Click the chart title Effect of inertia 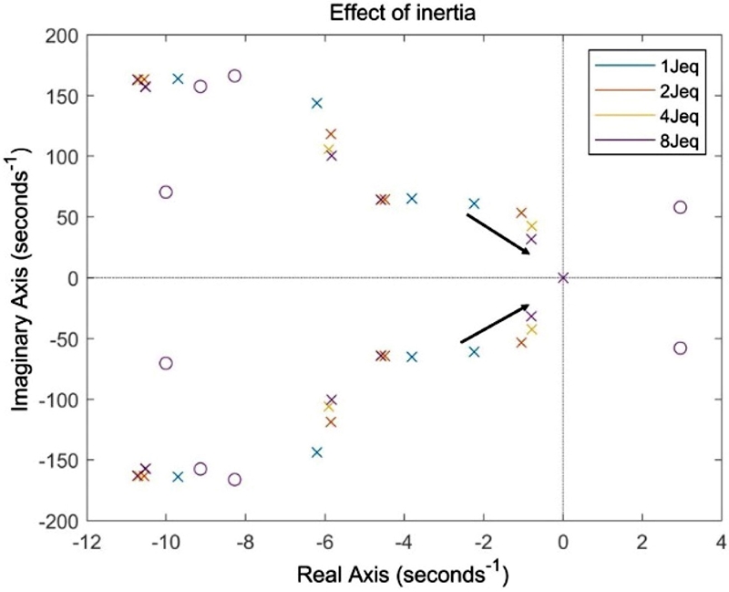[402, 13]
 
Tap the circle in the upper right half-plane [680, 207]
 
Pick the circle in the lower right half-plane [680, 348]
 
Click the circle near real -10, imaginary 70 [165, 192]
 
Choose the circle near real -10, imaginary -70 [165, 363]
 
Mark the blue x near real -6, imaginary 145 [317, 103]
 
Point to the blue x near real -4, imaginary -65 [412, 357]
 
